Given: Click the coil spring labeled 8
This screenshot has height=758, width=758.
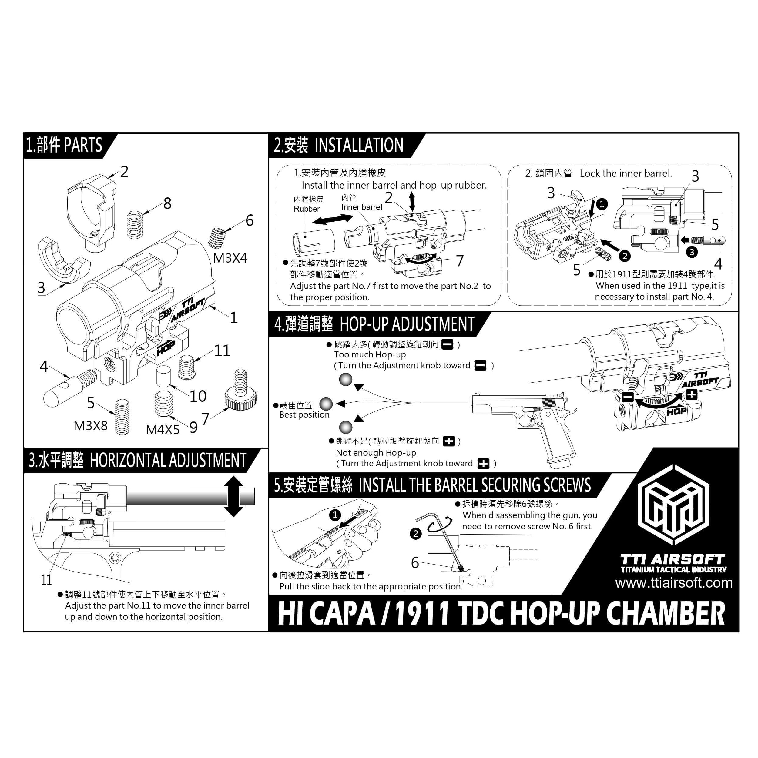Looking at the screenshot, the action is point(135,224).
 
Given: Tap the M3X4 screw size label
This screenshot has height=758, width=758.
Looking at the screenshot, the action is point(230,258).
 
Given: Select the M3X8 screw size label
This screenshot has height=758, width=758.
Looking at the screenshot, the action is point(90,426).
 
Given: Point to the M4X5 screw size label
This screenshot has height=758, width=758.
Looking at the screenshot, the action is point(163,430).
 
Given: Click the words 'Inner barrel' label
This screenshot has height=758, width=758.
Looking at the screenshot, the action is point(361,207).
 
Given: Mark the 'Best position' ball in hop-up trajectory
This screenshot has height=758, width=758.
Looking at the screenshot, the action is point(326,404).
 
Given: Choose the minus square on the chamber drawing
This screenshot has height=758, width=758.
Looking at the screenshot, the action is point(627,397).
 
